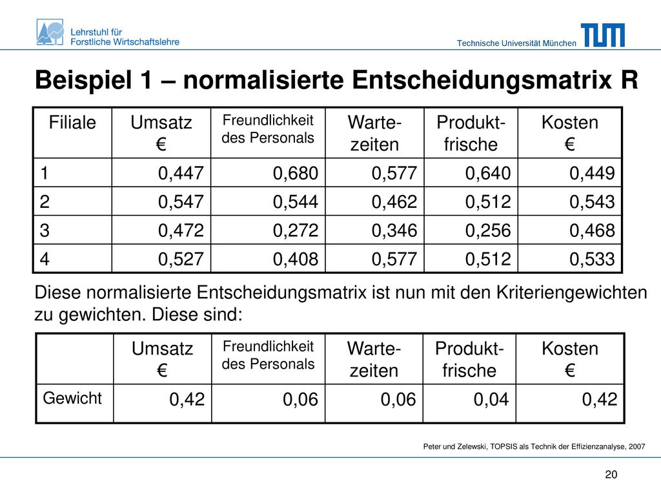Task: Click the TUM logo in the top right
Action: click(603, 35)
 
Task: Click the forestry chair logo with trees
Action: click(50, 32)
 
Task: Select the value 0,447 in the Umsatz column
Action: click(181, 173)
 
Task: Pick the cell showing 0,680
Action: click(296, 173)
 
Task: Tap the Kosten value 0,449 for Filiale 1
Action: click(592, 173)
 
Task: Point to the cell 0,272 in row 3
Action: click(296, 231)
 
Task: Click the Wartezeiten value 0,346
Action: click(394, 231)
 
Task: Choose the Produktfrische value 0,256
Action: click(488, 231)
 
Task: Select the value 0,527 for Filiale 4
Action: click(181, 259)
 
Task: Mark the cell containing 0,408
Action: click(296, 259)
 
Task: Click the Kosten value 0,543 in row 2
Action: click(592, 202)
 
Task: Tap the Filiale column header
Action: click(72, 123)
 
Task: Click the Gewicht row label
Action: click(72, 398)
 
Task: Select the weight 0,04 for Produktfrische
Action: click(491, 399)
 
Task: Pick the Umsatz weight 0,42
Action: click(187, 399)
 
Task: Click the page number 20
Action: click(611, 475)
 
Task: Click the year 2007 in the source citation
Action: click(636, 447)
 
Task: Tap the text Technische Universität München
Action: click(516, 43)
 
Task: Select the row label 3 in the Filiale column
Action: click(45, 231)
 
